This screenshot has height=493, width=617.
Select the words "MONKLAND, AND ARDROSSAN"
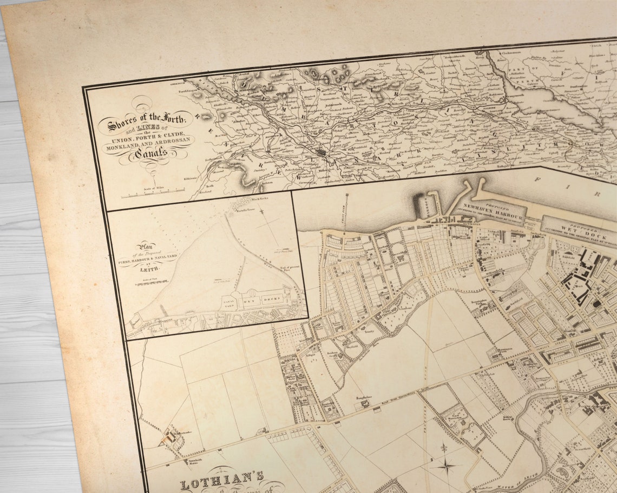pyautogui.click(x=148, y=142)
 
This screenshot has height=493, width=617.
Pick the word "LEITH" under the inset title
pyautogui.click(x=149, y=268)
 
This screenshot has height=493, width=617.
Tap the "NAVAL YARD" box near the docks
pyautogui.click(x=228, y=305)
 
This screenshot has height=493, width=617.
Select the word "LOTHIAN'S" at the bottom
pyautogui.click(x=222, y=480)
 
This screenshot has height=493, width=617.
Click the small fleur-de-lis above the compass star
pyautogui.click(x=444, y=448)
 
